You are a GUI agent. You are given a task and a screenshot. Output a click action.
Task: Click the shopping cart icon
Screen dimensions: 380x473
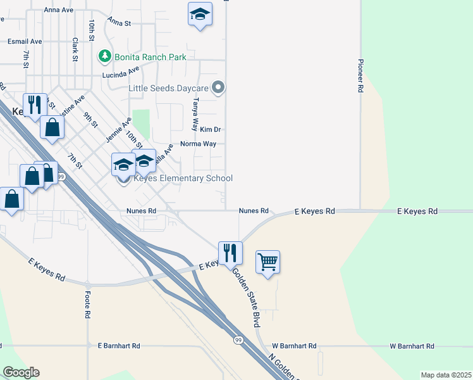(x=268, y=260)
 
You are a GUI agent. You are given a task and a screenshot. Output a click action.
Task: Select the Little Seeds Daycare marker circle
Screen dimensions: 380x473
(x=218, y=88)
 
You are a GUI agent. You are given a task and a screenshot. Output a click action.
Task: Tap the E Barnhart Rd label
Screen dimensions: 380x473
(x=119, y=346)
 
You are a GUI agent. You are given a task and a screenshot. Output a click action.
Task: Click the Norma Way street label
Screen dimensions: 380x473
(x=198, y=144)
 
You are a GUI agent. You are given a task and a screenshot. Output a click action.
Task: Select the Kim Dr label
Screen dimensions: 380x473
(x=209, y=129)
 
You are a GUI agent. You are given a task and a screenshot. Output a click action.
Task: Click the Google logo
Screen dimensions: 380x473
(x=21, y=372)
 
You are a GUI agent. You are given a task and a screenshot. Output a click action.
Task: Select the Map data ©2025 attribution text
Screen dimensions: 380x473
(x=445, y=375)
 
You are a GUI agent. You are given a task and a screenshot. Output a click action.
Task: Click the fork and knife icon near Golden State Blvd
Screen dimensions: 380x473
(x=230, y=253)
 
